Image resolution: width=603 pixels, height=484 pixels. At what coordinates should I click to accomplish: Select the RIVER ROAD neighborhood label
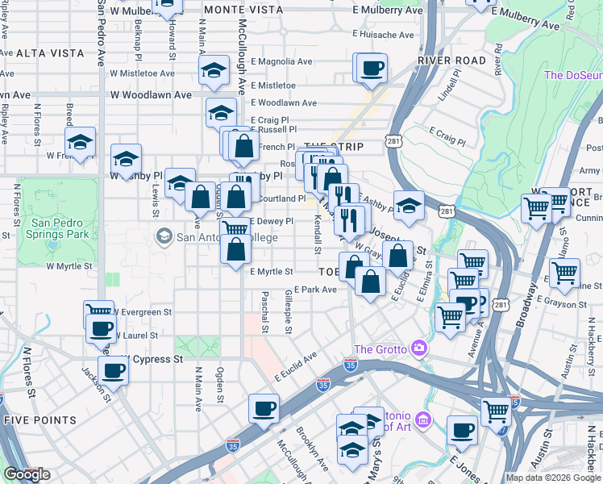451,60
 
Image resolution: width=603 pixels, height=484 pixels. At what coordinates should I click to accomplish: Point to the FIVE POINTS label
40,420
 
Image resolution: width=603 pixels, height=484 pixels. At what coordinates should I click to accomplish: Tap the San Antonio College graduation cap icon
164,236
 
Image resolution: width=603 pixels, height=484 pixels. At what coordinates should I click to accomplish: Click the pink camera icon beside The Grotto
418,348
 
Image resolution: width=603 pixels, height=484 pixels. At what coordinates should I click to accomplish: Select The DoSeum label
573,75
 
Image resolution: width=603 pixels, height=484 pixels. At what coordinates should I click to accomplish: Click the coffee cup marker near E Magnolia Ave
371,69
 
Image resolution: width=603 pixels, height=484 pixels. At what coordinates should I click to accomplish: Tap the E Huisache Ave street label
384,35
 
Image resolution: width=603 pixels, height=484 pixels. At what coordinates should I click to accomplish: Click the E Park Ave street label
315,290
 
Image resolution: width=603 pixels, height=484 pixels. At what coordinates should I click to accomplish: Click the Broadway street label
533,294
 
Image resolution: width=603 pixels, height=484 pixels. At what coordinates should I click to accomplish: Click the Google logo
27,474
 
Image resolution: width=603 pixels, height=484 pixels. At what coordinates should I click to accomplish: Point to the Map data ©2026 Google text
554,478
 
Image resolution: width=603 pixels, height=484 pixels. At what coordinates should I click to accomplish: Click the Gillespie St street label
288,312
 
